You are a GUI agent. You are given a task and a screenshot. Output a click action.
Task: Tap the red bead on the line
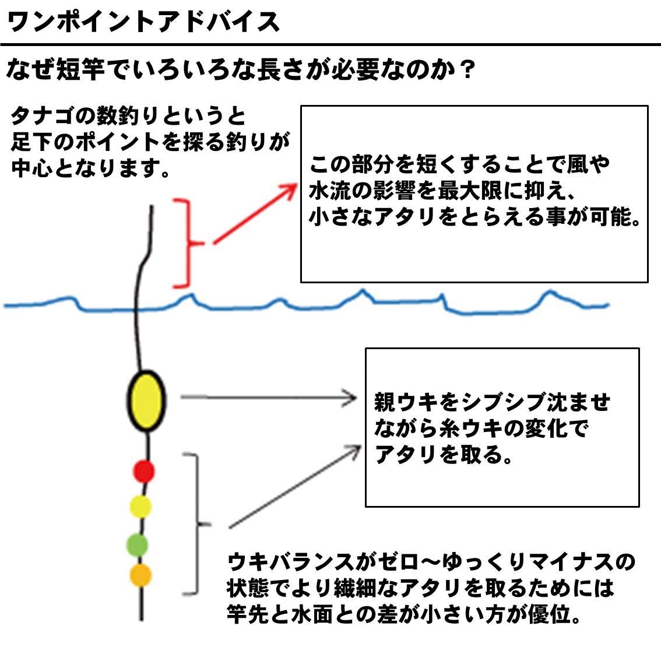click(x=143, y=470)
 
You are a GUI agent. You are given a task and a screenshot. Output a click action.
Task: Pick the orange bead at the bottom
click(x=140, y=575)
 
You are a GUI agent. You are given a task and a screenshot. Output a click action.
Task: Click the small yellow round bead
click(x=140, y=506)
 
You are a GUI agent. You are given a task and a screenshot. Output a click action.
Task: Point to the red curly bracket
click(x=188, y=243)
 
